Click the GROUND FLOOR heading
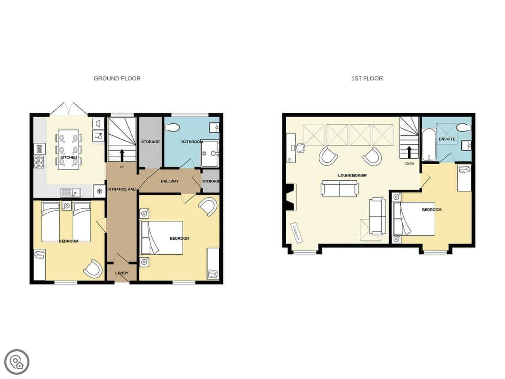pos(117,78)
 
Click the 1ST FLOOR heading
pos(367,78)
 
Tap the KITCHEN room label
pos(69,157)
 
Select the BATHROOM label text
pos(192,142)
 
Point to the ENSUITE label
pos(447,139)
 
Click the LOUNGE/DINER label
pos(352,175)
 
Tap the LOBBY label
pos(122,273)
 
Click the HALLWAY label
pos(170,181)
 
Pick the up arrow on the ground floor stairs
pos(122,155)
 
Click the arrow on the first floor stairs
pos(409,152)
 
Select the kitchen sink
pos(71,192)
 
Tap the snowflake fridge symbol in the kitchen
pos(99,191)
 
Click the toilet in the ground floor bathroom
pos(172,128)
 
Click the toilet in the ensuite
pos(464,128)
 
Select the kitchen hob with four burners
pos(39,162)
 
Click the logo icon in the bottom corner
pos(17,362)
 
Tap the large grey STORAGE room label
pos(150,142)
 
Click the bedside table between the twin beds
pos(66,205)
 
